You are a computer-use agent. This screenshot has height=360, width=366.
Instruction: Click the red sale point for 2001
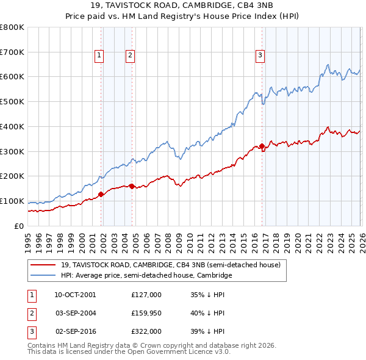point(101,195)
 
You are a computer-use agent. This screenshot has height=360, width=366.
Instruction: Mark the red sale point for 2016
point(262,146)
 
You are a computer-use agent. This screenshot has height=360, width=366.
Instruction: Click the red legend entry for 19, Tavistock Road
point(170,265)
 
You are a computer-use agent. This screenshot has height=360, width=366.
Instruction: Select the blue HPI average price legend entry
point(146,275)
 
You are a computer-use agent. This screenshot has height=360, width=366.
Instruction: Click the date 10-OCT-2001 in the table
point(75,295)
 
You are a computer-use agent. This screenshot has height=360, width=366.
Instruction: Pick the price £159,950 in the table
point(146,313)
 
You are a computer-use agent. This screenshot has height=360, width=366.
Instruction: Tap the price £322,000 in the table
point(146,331)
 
